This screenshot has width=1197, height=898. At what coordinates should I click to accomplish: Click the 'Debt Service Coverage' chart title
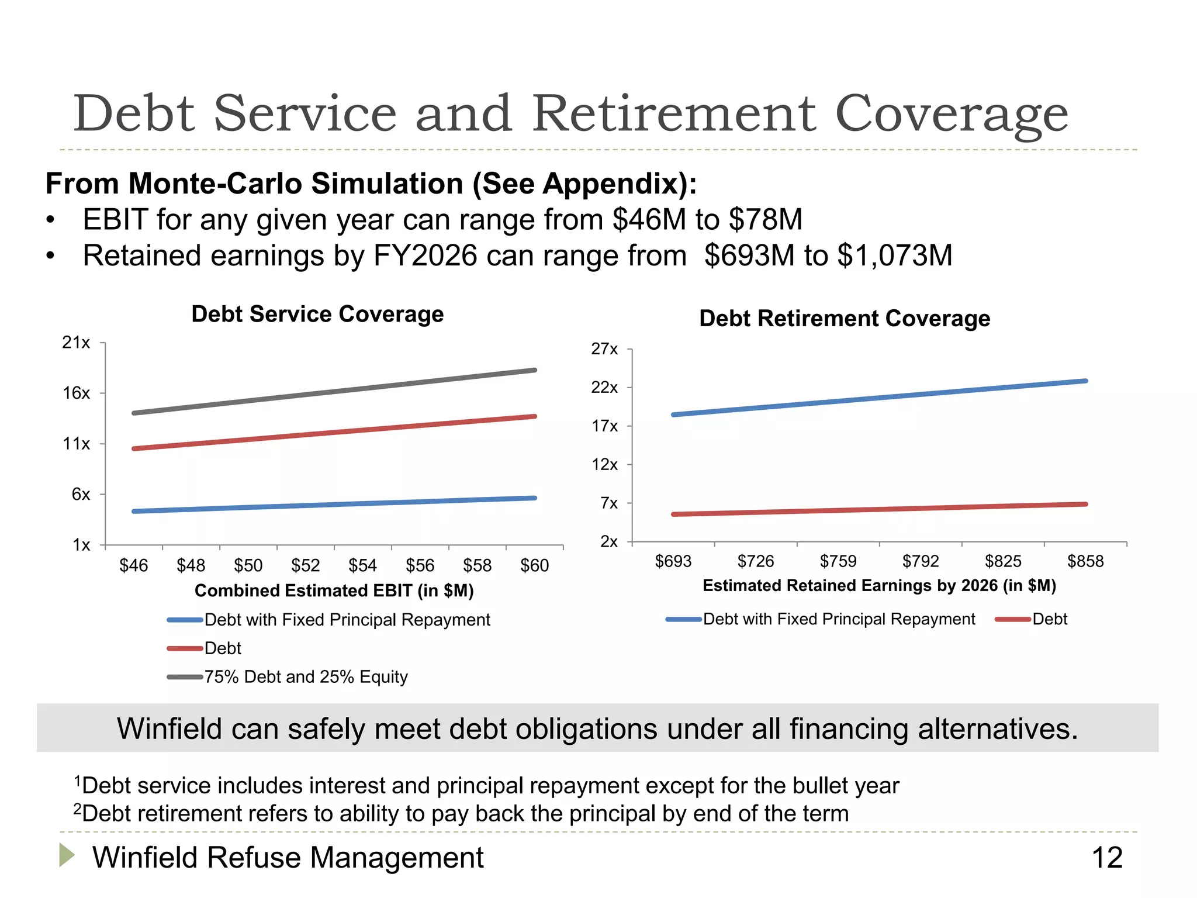(317, 314)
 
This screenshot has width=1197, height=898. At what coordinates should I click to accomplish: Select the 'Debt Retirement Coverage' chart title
(845, 319)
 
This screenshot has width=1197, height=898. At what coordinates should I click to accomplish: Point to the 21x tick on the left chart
(77, 343)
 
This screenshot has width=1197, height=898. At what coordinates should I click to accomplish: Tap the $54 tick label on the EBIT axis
(362, 565)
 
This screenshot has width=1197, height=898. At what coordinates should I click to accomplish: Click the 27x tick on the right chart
(604, 349)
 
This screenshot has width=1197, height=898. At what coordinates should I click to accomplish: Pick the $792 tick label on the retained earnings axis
(921, 561)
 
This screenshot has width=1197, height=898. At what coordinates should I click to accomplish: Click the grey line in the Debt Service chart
(334, 392)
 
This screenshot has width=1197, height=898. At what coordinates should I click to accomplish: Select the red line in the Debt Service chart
(334, 433)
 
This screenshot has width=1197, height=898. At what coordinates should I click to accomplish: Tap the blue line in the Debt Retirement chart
(880, 398)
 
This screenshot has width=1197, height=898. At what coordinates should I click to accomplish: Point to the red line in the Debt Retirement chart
(880, 509)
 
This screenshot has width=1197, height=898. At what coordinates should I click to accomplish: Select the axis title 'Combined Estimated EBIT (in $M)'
(334, 590)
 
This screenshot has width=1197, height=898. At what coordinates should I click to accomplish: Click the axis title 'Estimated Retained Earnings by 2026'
(879, 586)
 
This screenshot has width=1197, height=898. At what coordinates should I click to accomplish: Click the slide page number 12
(1107, 858)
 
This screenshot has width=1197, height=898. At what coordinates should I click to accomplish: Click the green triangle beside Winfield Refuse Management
(67, 855)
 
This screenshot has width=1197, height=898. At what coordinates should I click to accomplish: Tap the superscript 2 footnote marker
(77, 809)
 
